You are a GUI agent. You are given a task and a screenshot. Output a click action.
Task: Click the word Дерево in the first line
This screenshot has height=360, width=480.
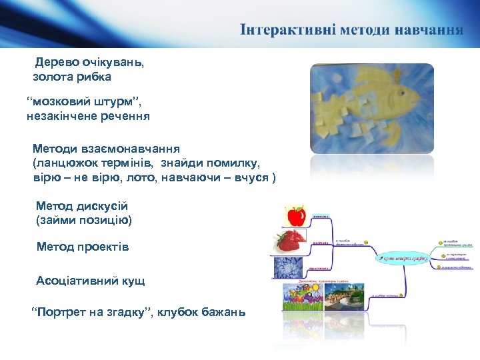57,63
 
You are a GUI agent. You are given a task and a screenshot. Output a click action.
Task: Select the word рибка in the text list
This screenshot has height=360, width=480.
96,77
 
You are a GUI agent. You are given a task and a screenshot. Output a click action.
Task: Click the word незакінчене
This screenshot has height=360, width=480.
61,116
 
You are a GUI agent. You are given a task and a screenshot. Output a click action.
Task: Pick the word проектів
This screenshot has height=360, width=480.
101,247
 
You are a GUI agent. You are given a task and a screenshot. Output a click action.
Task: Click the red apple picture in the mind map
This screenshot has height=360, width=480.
295,215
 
